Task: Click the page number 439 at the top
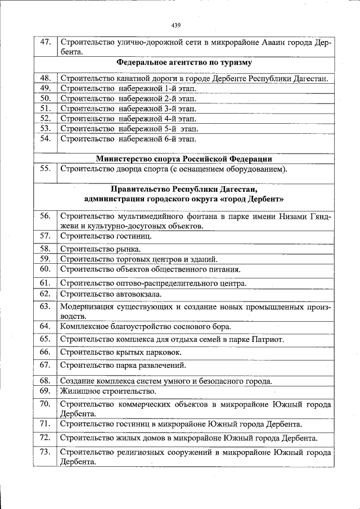click(x=175, y=25)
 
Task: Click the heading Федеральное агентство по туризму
click(x=184, y=62)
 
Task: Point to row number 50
click(x=46, y=98)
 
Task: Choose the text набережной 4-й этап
click(x=157, y=119)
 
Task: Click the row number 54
click(x=46, y=138)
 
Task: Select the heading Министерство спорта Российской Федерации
click(x=184, y=159)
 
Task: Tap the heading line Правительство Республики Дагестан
click(x=184, y=189)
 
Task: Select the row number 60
click(x=46, y=268)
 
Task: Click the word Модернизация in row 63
click(x=87, y=307)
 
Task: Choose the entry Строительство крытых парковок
click(x=121, y=352)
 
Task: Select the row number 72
click(x=46, y=438)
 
